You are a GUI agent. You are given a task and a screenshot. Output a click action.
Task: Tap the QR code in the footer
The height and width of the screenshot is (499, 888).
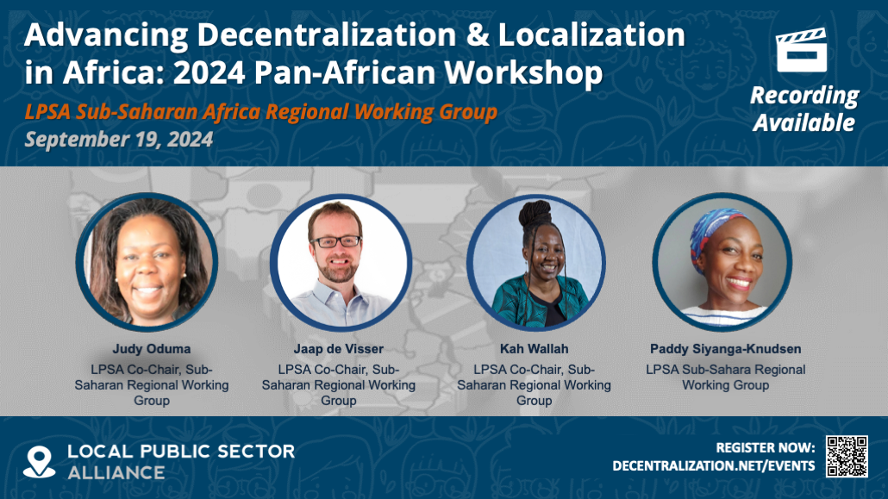[847, 457]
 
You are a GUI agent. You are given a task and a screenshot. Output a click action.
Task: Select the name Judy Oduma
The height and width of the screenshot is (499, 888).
[152, 349]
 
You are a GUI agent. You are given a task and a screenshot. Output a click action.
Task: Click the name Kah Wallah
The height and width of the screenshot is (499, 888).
[534, 349]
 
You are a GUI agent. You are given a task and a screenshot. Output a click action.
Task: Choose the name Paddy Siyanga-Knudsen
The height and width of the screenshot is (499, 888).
[725, 349]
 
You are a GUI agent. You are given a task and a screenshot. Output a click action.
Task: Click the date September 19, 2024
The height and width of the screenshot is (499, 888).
[118, 140]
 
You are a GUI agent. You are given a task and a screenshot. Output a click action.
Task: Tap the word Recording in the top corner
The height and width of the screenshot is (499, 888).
[804, 96]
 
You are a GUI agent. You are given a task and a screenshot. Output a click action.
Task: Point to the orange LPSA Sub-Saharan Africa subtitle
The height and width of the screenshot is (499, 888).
[260, 112]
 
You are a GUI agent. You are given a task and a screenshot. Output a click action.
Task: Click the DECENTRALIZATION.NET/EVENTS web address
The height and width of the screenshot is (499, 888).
[713, 465]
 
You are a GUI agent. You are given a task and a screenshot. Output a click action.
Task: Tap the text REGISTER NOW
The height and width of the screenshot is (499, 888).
[766, 447]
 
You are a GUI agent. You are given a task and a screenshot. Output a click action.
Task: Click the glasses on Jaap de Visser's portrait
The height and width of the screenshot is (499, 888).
[336, 241]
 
